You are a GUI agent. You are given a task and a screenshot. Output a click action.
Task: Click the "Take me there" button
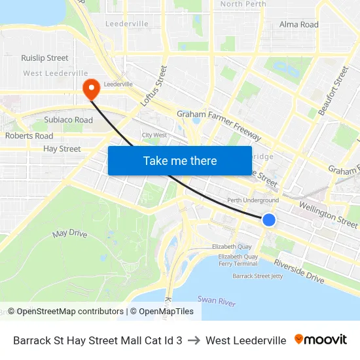(x=180, y=160)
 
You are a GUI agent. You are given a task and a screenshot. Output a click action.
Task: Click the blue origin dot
(x=269, y=220)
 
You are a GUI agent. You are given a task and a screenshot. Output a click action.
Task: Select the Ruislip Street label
(x=45, y=58)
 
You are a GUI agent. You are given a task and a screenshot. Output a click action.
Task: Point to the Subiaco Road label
(x=68, y=120)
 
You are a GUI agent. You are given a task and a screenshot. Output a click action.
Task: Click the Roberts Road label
(x=29, y=136)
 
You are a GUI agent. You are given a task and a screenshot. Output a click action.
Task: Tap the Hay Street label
(x=62, y=149)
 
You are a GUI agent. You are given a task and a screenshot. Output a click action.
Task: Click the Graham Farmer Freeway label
(x=219, y=125)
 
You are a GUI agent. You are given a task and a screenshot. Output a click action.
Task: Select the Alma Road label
(x=298, y=25)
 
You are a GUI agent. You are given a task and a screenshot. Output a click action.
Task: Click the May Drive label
(x=69, y=233)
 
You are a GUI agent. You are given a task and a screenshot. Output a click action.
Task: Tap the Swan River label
(x=217, y=300)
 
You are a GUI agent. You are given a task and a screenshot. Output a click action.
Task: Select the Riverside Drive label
(x=298, y=270)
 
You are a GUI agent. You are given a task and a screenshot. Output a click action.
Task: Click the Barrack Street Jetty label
(x=257, y=276)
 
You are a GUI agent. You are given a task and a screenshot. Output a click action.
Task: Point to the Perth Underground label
(x=253, y=200)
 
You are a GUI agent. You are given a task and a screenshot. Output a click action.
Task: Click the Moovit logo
(x=321, y=340)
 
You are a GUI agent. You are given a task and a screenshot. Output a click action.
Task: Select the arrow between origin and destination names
(x=194, y=340)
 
